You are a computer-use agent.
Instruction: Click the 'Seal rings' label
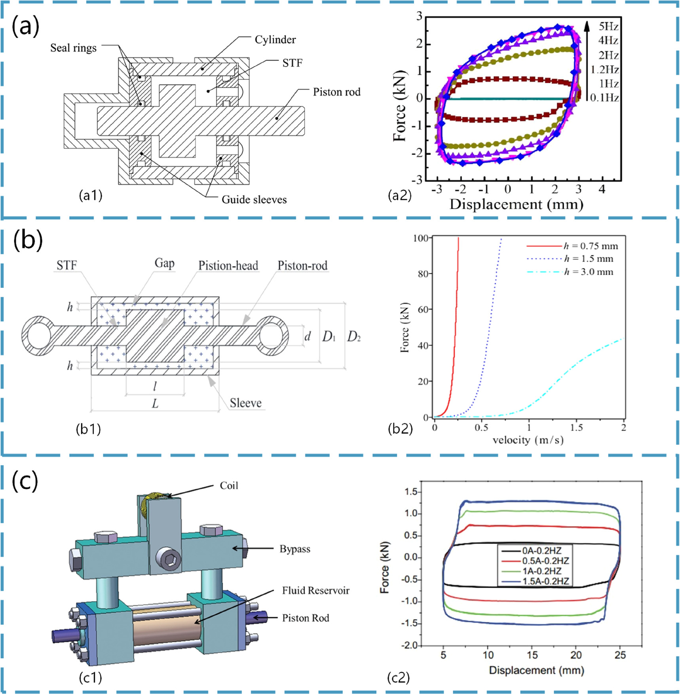[x=73, y=48]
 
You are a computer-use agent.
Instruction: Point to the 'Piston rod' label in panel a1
[x=336, y=92]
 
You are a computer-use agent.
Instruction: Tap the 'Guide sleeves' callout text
[x=254, y=199]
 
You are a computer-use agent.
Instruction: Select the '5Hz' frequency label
[x=608, y=27]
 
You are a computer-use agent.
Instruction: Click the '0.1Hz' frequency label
[x=604, y=97]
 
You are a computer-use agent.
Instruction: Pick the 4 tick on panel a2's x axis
[x=602, y=189]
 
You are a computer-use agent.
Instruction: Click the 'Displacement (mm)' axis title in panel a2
[x=516, y=204]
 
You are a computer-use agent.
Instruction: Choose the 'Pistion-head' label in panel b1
[x=228, y=265]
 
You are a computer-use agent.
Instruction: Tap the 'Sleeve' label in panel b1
[x=245, y=403]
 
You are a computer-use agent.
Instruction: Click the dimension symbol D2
[x=353, y=337]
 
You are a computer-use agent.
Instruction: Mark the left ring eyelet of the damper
[x=38, y=336]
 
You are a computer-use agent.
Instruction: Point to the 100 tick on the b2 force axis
[x=420, y=238]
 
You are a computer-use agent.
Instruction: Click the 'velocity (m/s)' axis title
[x=528, y=440]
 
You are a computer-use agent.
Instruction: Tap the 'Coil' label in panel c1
[x=229, y=485]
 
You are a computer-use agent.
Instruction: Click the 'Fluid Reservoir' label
[x=315, y=590]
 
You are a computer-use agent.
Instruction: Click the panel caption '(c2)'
[x=398, y=677]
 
